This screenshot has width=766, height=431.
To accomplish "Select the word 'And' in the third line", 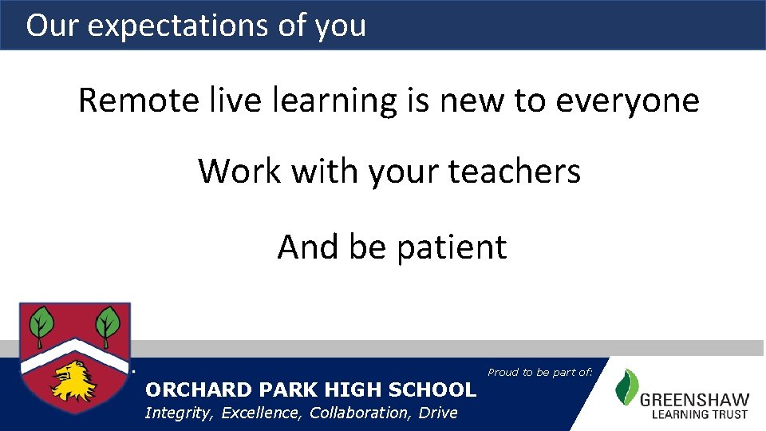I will [308, 247].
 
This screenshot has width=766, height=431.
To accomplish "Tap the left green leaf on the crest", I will [41, 325].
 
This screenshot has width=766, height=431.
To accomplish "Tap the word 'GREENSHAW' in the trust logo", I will [694, 400].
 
